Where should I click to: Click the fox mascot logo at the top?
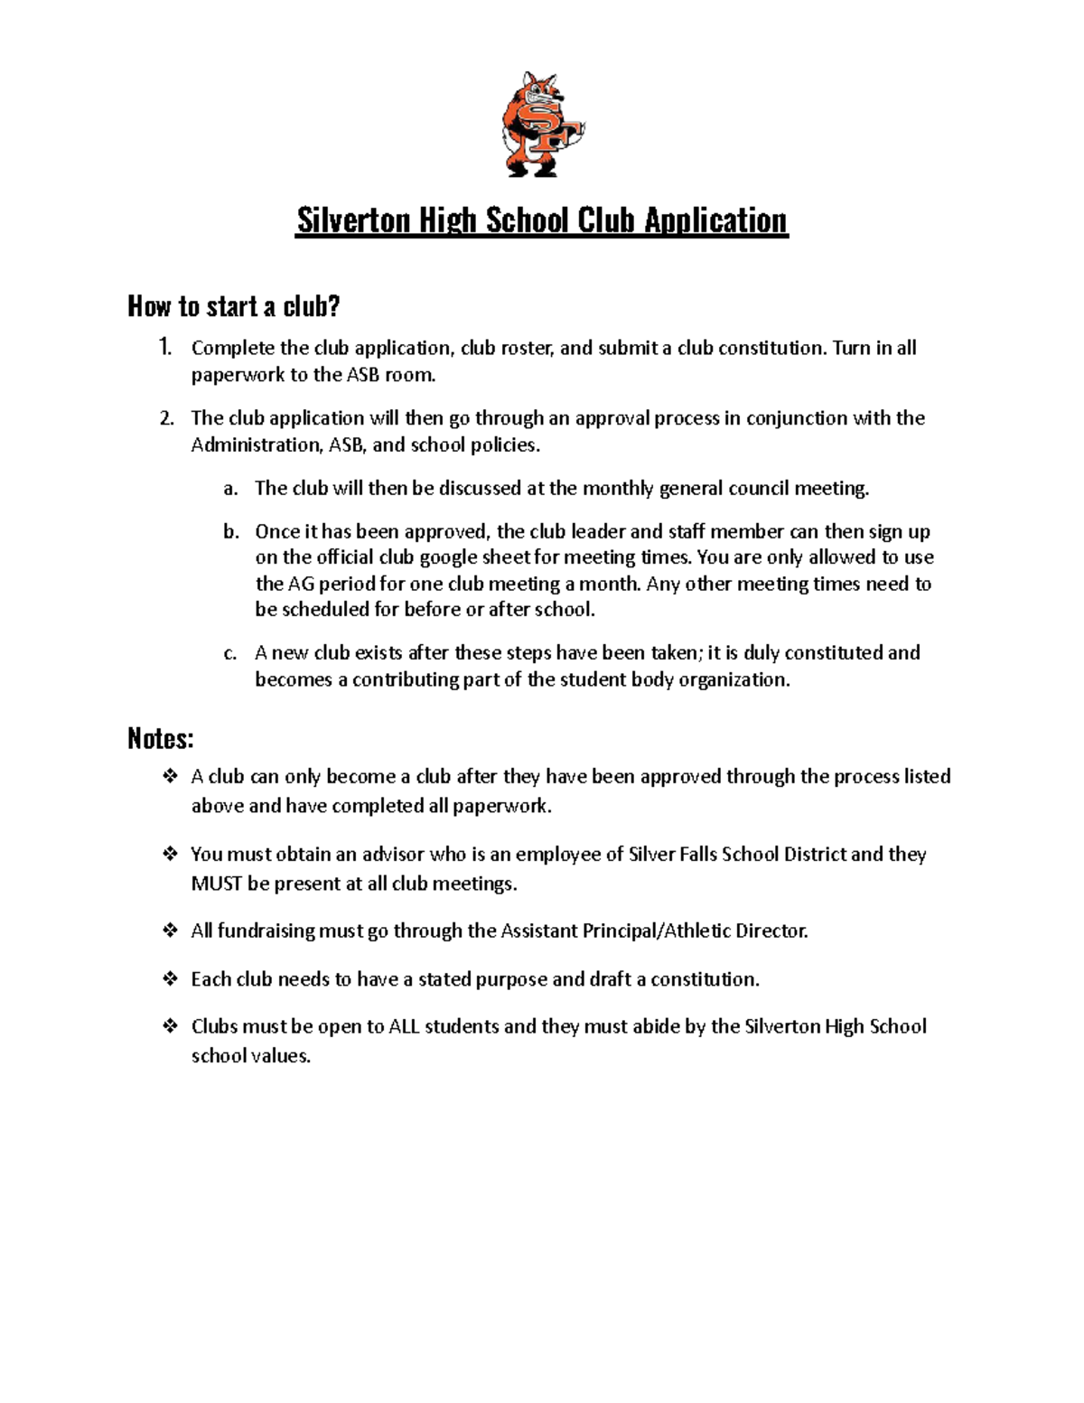(x=542, y=125)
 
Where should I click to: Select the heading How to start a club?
(x=233, y=307)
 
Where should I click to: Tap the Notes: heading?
(x=160, y=739)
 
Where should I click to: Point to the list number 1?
(x=164, y=348)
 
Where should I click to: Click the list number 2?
(x=165, y=418)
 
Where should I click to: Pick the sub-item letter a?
(x=230, y=489)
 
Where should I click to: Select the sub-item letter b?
(x=230, y=532)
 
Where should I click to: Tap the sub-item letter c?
(x=230, y=653)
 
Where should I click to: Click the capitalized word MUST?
(x=216, y=884)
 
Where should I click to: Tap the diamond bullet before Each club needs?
(x=169, y=978)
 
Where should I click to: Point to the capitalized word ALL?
(x=404, y=1027)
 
